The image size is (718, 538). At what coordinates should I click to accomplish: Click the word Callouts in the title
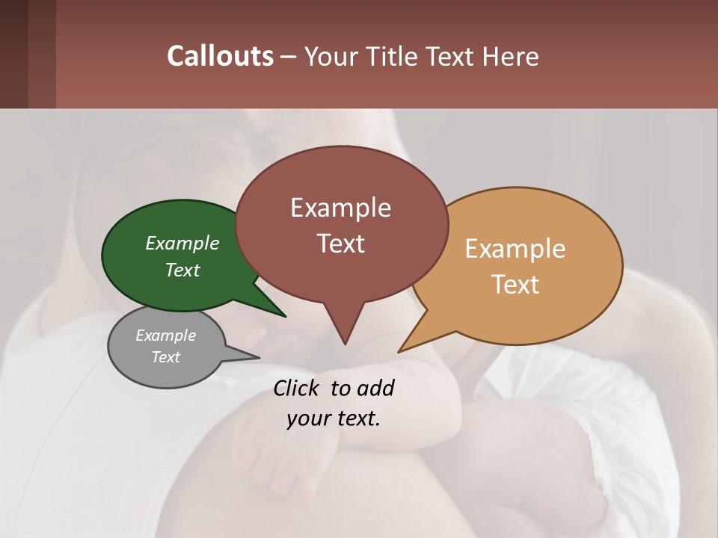[220, 56]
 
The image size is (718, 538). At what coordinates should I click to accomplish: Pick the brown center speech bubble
[341, 224]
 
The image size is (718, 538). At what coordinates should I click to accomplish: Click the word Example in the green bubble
[182, 244]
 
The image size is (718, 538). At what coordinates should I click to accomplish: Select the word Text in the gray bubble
[166, 357]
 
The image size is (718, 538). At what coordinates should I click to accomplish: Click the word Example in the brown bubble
[340, 208]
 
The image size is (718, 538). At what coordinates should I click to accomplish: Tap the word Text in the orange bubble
[516, 285]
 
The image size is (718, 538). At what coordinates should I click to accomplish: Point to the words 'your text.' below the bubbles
[334, 418]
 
